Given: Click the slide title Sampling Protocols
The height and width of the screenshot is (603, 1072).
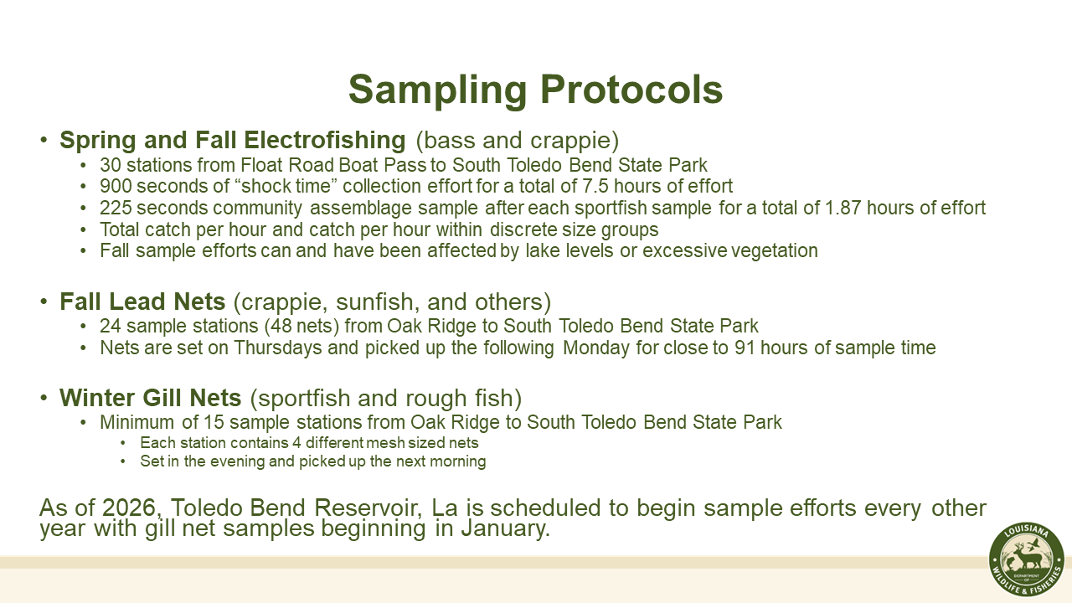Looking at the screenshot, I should [535, 90].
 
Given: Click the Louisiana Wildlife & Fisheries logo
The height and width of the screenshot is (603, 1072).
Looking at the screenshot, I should [1026, 560].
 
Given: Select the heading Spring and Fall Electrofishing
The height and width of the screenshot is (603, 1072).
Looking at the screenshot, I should [232, 140].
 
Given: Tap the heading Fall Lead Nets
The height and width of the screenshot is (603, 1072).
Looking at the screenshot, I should [142, 302].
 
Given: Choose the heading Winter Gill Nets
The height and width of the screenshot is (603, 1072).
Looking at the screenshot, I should [151, 398].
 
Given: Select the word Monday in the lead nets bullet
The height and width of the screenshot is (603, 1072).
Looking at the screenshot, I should [597, 348].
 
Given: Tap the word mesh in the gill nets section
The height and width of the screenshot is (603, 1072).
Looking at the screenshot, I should [346, 442].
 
